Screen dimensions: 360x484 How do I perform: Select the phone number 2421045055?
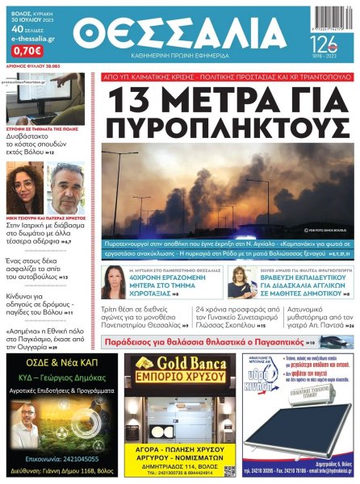tap(83, 455)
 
